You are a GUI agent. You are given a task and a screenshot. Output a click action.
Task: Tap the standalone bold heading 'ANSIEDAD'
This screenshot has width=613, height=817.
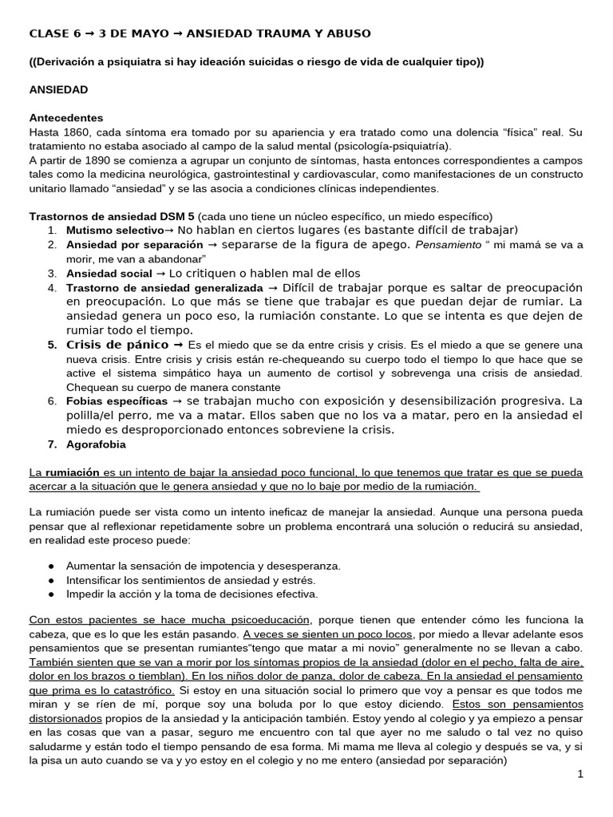58,90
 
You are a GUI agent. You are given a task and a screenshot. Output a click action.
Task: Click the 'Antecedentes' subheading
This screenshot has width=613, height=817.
66,117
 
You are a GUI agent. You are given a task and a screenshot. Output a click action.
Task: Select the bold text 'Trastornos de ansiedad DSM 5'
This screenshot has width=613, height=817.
112,216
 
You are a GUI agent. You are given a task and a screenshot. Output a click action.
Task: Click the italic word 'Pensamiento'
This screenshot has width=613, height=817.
449,245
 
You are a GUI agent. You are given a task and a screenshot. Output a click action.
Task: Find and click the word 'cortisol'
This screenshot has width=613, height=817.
413,373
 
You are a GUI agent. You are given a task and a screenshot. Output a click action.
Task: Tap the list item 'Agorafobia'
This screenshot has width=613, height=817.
97,444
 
